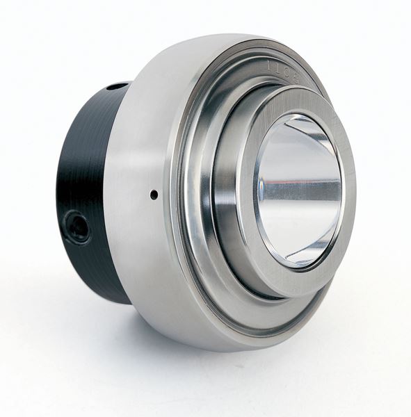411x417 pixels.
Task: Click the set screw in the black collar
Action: (76, 227)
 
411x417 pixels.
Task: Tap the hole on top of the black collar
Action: (117, 87)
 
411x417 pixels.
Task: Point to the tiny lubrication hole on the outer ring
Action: (154, 195)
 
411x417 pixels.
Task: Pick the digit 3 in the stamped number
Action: (297, 76)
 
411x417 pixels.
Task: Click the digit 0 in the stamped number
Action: (289, 71)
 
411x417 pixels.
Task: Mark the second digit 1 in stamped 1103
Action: (280, 67)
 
